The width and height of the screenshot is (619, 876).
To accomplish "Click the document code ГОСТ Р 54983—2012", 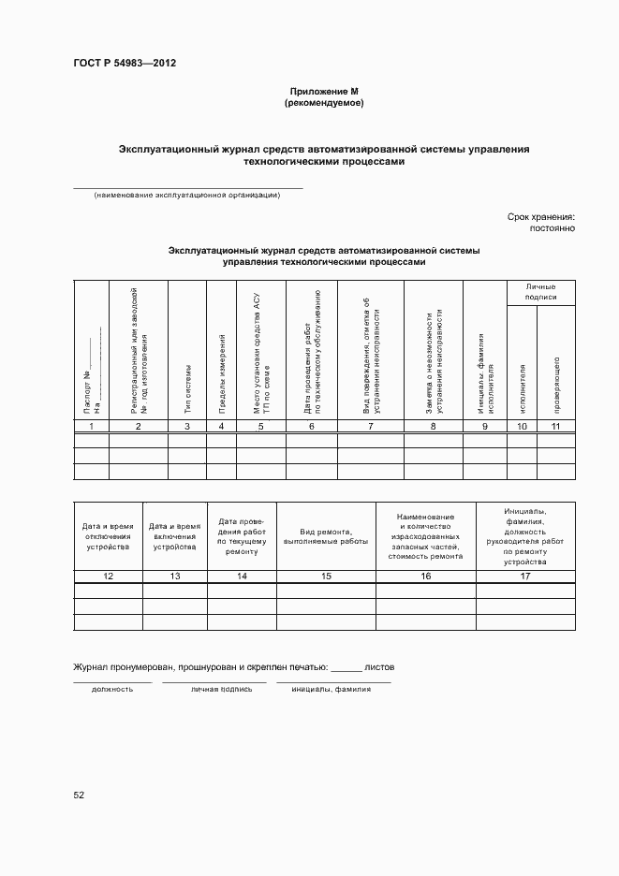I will point(125,64).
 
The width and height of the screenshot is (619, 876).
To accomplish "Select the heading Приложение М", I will point(323,92).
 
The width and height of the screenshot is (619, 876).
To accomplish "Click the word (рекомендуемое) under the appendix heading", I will point(323,103).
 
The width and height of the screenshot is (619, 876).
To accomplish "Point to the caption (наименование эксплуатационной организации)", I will point(187,195).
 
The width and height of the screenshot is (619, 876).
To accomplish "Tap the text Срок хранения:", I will point(540,216).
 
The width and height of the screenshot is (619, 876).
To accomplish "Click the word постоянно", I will point(552,228).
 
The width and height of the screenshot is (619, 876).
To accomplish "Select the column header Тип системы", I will point(187,389).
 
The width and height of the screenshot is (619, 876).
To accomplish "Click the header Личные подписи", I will point(541,291).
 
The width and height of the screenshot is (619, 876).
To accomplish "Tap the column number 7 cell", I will point(370,427).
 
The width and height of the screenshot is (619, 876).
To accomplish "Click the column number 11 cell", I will point(556,427).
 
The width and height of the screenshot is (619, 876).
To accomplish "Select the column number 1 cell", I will point(92,427).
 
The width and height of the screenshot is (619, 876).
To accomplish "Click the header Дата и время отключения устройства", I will point(108,536).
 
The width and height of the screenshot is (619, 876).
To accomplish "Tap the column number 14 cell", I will point(242,576).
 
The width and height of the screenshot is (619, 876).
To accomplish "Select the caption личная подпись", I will point(222,688).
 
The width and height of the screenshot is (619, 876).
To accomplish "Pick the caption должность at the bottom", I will point(111,688).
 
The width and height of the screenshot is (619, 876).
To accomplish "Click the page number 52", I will point(79,795).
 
